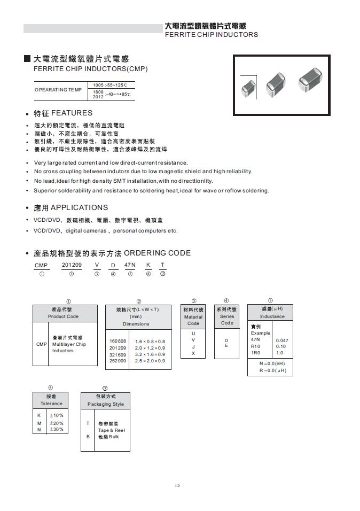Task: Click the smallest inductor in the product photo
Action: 249,86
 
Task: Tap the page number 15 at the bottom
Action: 177,485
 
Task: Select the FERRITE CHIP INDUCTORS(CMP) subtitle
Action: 90,69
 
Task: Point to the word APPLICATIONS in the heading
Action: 79,207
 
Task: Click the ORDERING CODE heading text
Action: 161,253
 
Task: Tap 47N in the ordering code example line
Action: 130,265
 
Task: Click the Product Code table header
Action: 65,316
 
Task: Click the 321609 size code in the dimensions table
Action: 118,354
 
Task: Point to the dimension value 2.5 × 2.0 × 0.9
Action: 150,361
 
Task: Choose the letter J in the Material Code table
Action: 193,347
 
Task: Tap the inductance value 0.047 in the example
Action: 282,340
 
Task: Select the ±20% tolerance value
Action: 56,422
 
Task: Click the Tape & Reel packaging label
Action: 111,430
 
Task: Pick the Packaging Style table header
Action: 105,404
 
